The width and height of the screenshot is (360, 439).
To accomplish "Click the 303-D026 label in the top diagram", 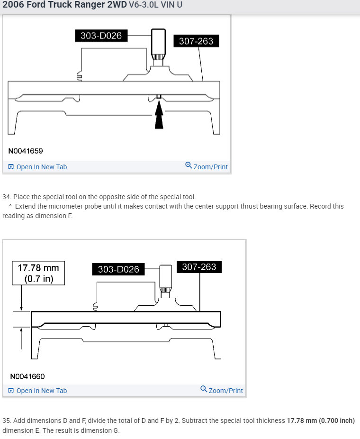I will (x=101, y=36).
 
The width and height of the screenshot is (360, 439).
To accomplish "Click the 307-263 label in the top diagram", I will (x=196, y=41).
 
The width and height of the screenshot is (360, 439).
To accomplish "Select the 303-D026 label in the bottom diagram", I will (x=118, y=269).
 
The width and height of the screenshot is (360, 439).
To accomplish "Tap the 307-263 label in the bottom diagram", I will (x=199, y=267).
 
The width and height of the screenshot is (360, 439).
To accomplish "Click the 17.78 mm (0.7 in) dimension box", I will (x=38, y=273).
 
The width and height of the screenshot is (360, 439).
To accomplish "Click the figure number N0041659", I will (x=26, y=151).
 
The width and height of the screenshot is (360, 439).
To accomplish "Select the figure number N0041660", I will (x=27, y=376).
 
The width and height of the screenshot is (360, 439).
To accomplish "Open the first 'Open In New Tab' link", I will (x=37, y=167).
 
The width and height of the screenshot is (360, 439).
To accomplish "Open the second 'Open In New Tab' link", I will (x=37, y=391).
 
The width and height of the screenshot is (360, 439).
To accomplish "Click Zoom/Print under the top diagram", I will (x=207, y=166).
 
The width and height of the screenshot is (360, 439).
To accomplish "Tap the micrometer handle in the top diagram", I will (x=158, y=43).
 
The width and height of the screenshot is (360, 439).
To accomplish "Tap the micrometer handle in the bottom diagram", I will (x=166, y=275).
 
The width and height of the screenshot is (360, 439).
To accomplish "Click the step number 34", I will (x=6, y=197).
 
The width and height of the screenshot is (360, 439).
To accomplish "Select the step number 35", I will (x=6, y=421).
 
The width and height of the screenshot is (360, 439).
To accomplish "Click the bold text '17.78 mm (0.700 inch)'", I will (x=321, y=421).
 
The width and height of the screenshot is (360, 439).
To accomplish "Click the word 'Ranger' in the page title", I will (x=76, y=6).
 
